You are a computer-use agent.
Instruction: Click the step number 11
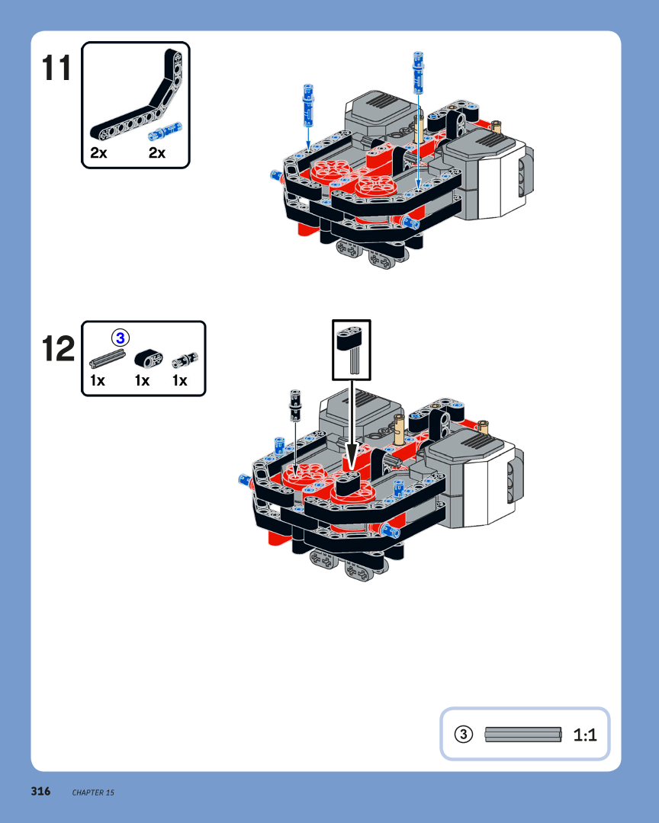(x=56, y=68)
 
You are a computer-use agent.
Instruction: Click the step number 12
(x=58, y=348)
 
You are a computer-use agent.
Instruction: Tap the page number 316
(x=40, y=791)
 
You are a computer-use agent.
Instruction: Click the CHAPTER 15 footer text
(x=93, y=793)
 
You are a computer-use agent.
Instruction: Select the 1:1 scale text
(x=585, y=735)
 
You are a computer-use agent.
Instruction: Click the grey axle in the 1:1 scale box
(x=523, y=735)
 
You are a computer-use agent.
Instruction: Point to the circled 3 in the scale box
(x=464, y=734)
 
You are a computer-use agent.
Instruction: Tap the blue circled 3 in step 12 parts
(x=121, y=338)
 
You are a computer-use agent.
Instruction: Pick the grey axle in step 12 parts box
(x=108, y=359)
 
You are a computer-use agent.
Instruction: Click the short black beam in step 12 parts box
(x=149, y=358)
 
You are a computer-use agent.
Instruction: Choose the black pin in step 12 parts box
(x=185, y=360)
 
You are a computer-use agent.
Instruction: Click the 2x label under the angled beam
(x=98, y=152)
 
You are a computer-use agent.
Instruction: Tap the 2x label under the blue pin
(x=156, y=152)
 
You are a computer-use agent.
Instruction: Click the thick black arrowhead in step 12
(x=352, y=456)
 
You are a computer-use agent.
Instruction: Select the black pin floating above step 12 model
(x=295, y=405)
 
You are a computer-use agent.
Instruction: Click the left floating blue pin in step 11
(x=308, y=105)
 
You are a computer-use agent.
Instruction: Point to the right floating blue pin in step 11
(x=418, y=73)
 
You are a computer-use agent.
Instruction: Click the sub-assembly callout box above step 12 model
(x=352, y=350)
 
